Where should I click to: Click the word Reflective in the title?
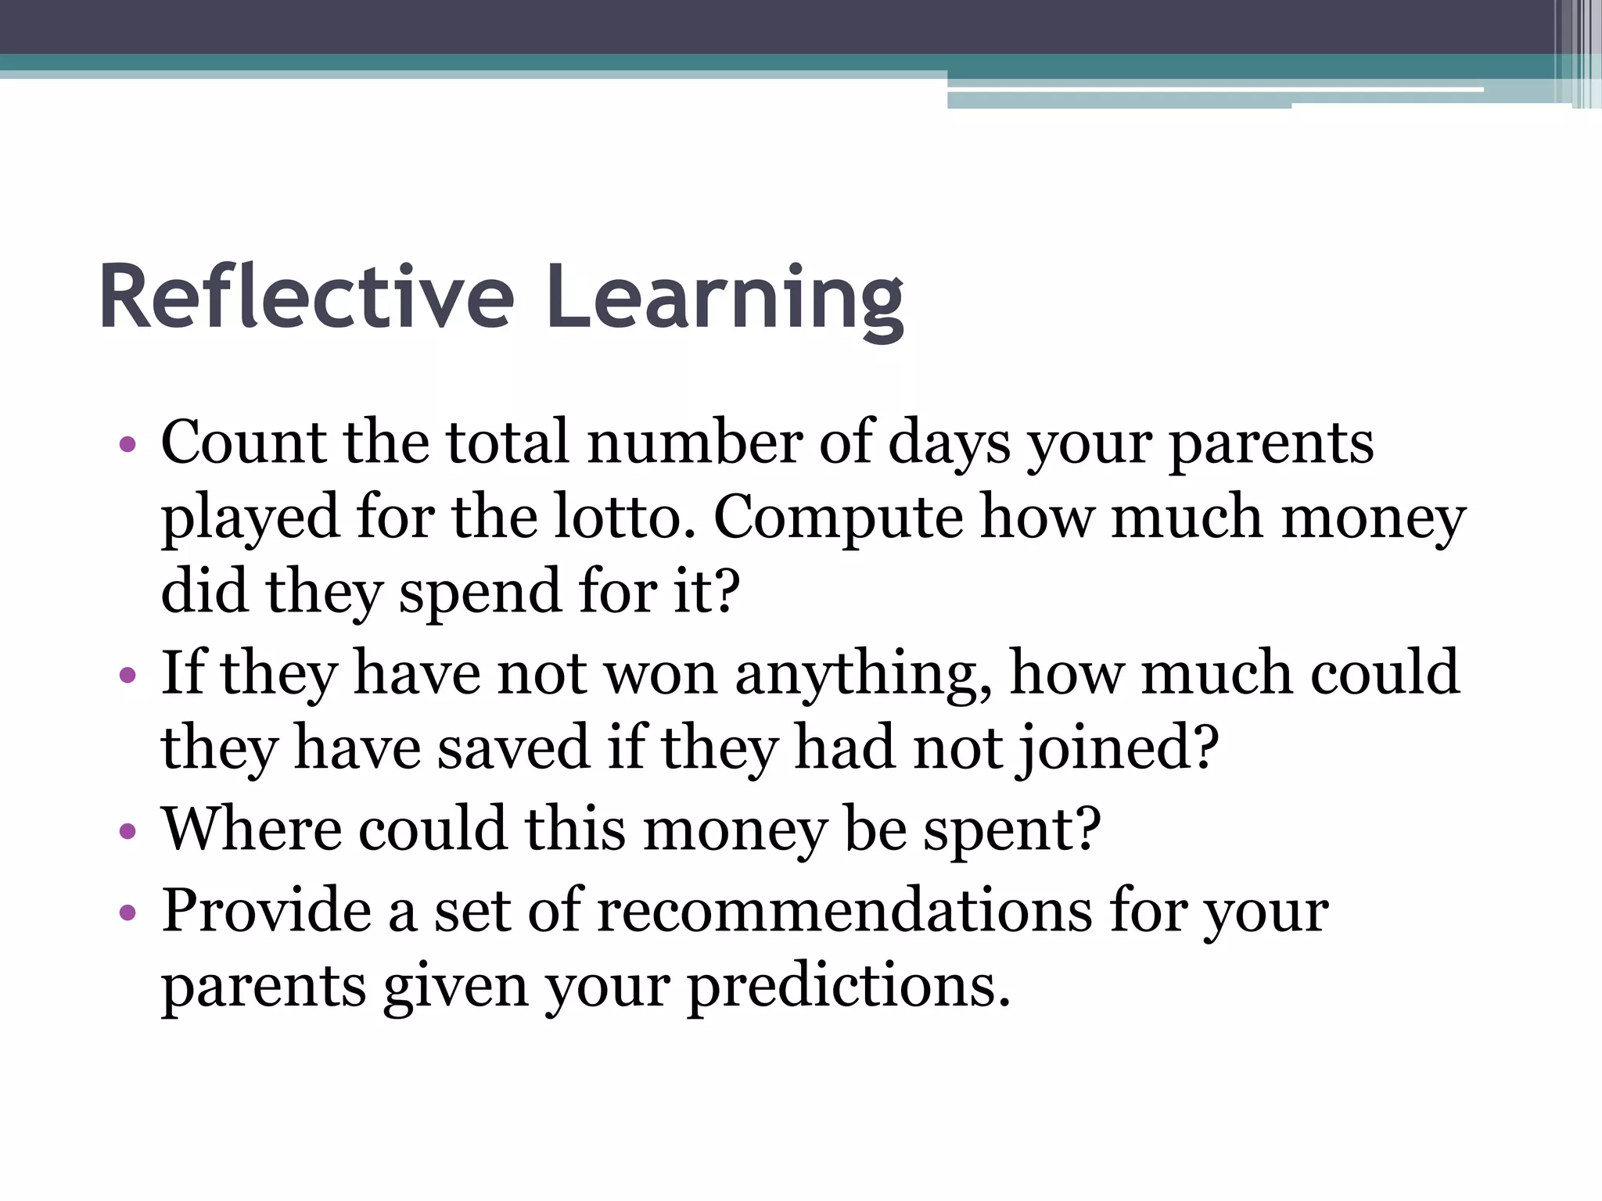307,298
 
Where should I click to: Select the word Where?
251,829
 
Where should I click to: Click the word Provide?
267,910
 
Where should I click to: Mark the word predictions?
849,987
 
